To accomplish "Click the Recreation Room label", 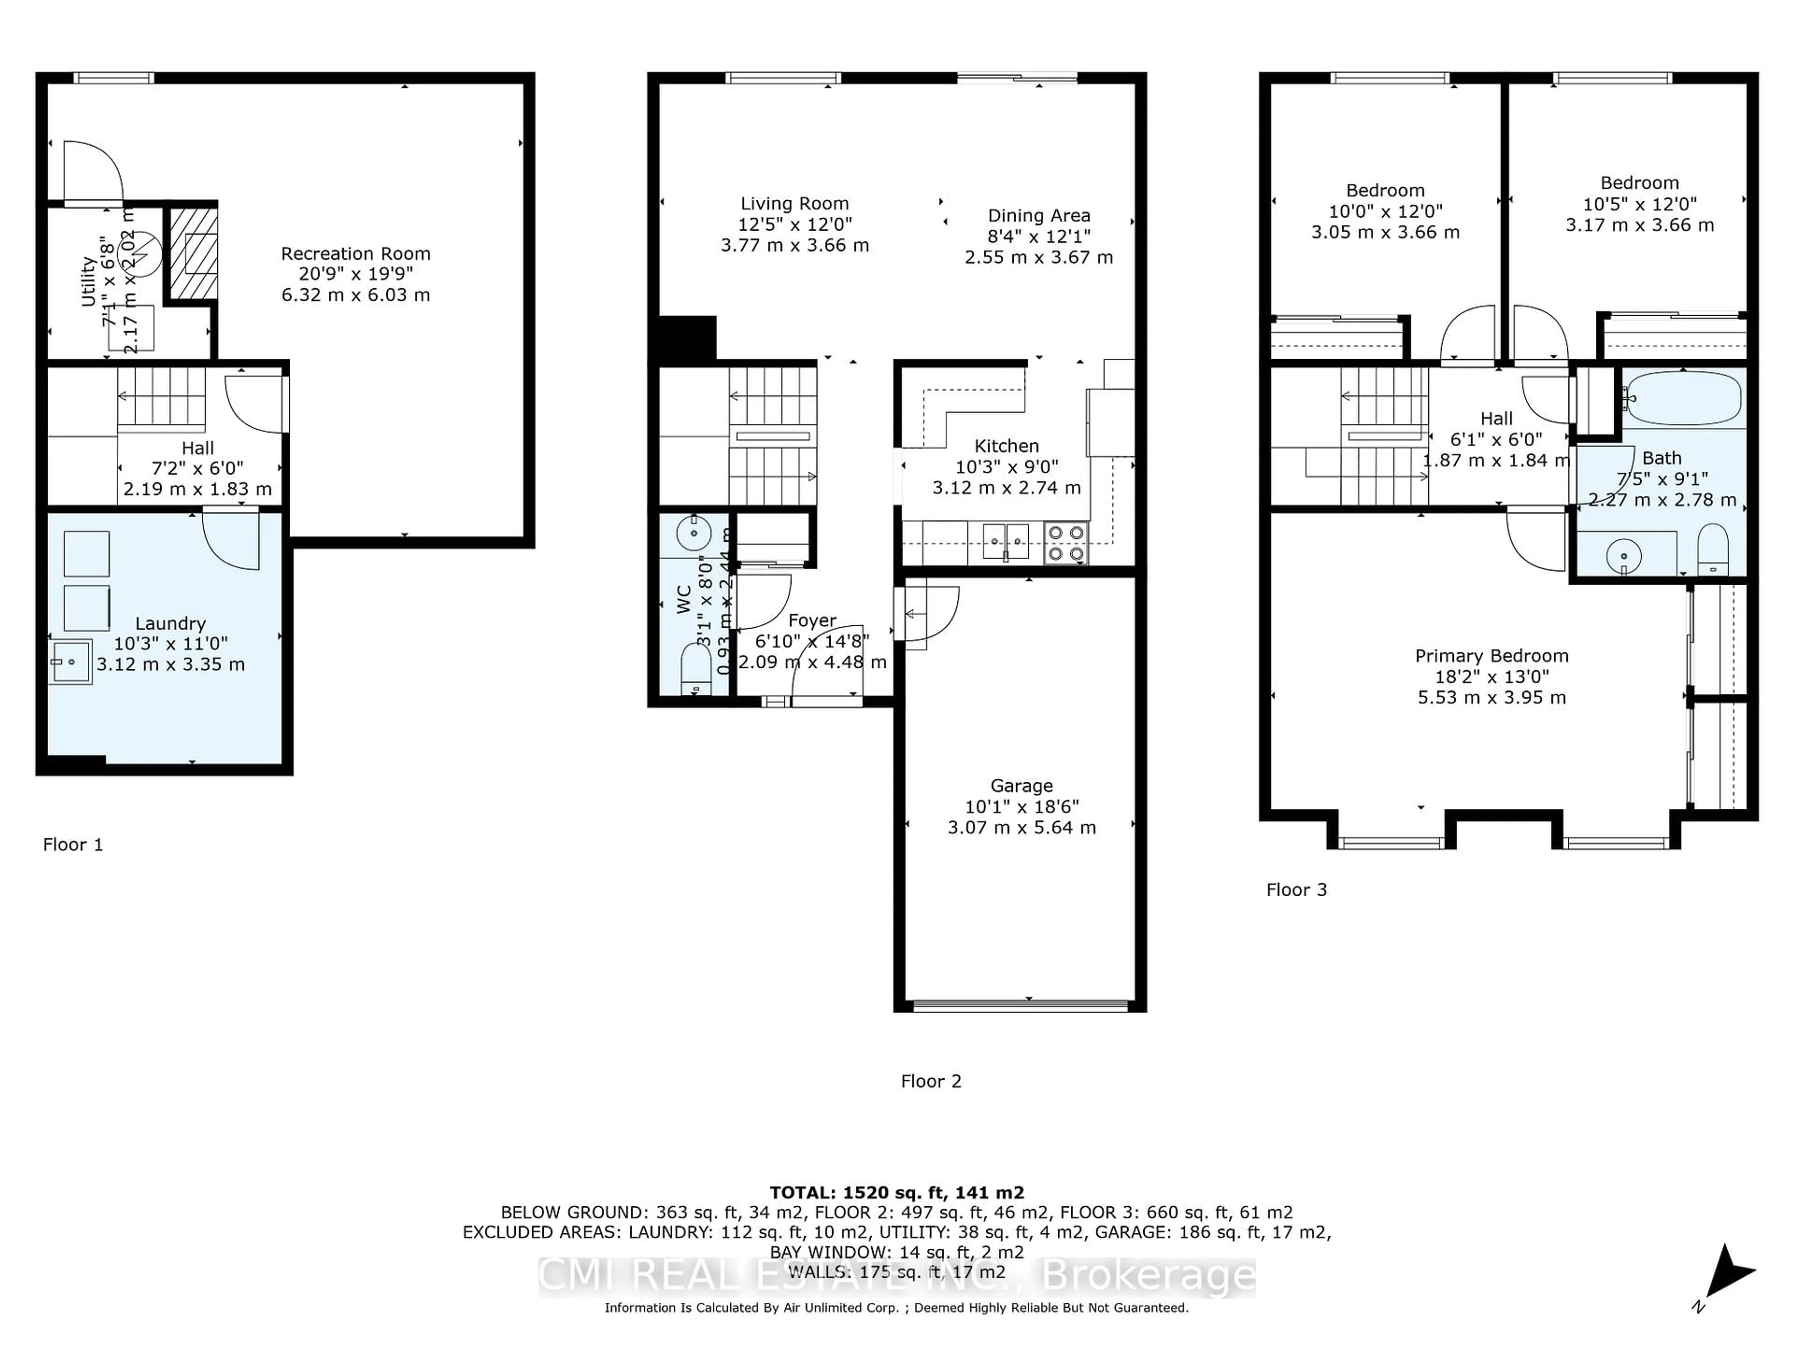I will click(x=355, y=254).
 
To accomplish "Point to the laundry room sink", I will click(x=70, y=662).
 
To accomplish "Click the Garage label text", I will click(x=1021, y=786).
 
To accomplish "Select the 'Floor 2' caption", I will click(x=930, y=1081).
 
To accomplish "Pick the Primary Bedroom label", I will click(x=1491, y=656).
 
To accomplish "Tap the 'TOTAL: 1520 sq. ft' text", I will click(x=896, y=1193).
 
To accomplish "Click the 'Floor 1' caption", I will click(x=73, y=845).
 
